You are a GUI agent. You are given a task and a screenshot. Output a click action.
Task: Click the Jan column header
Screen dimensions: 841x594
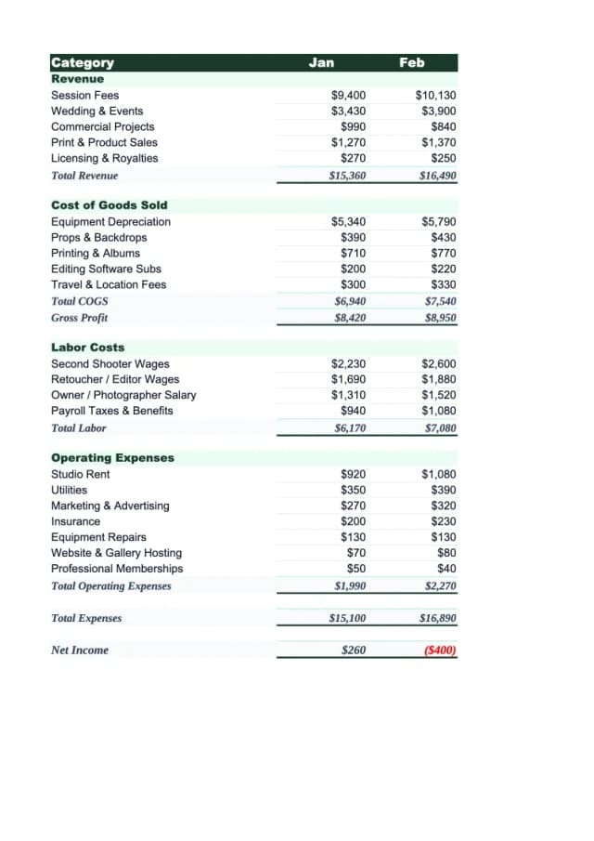(x=321, y=62)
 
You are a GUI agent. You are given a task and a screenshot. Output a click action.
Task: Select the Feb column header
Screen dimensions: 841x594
(x=411, y=62)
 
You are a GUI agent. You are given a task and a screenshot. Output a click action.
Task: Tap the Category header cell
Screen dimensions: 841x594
(x=83, y=63)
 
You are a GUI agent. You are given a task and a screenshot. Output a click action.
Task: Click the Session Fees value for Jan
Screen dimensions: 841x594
(x=348, y=96)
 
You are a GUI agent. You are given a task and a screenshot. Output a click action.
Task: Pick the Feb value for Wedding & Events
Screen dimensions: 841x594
(x=438, y=112)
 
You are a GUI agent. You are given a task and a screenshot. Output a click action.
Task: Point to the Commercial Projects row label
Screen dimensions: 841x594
(x=102, y=126)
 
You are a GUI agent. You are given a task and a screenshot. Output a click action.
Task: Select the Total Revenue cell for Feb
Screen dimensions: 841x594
(x=437, y=175)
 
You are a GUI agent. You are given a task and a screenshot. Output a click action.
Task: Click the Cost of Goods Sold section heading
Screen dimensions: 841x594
(x=109, y=204)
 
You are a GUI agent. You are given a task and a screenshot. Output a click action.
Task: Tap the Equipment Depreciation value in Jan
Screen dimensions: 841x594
(x=348, y=222)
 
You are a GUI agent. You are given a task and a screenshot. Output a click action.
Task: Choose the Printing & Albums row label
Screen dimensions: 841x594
(x=95, y=253)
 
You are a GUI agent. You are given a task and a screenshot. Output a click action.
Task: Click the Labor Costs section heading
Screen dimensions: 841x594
(x=87, y=348)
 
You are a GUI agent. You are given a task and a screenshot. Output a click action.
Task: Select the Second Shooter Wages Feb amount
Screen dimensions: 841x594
(x=438, y=364)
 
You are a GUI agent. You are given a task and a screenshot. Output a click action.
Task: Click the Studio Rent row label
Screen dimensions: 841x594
(x=80, y=475)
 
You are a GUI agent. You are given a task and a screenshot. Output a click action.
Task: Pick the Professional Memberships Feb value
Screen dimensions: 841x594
(x=446, y=569)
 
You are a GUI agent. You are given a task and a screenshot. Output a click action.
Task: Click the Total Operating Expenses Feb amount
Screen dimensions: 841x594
(x=440, y=586)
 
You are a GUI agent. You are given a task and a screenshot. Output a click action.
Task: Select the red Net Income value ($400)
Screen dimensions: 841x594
(x=439, y=650)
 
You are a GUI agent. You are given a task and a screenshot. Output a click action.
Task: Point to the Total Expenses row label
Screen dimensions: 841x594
(x=85, y=618)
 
